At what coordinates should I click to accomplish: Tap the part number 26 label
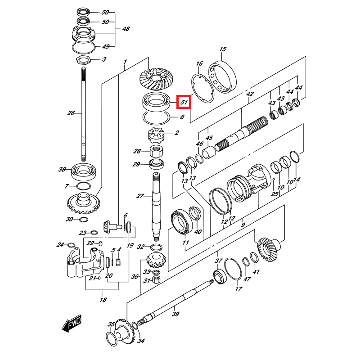tap(71, 113)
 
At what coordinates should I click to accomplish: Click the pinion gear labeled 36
tap(154, 261)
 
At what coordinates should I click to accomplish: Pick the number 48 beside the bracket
tap(126, 29)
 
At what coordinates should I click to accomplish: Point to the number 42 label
tap(250, 94)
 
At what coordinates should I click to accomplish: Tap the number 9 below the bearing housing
tap(243, 224)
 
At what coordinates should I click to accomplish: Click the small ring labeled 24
tap(71, 245)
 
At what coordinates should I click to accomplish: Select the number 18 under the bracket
tap(103, 300)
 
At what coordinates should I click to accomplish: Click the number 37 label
tap(219, 261)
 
